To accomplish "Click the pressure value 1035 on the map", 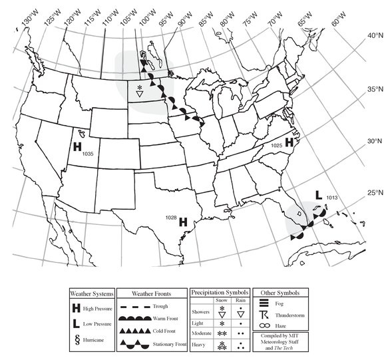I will (87, 154).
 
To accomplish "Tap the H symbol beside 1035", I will (77, 146).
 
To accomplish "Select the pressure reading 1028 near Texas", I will (170, 218).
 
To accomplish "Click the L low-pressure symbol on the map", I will (319, 195).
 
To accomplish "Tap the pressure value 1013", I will (333, 198).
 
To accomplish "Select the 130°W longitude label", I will (27, 20).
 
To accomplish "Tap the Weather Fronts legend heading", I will (153, 293).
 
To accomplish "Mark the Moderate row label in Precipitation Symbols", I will (201, 331).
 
